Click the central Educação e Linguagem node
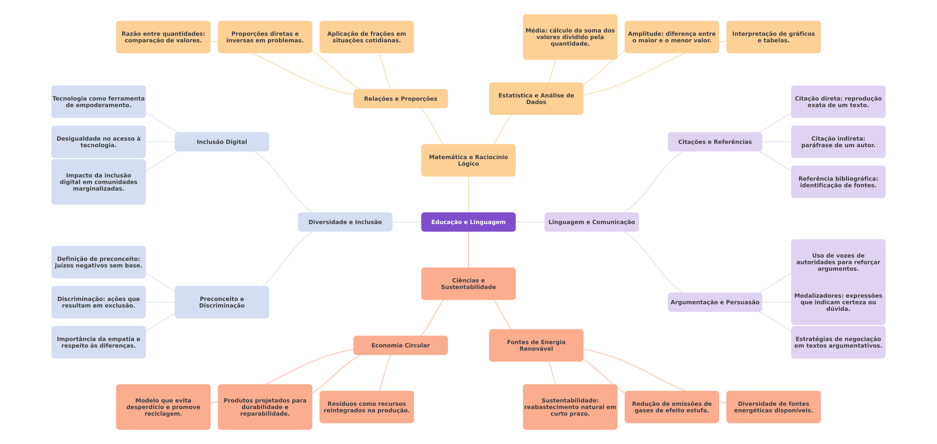click(x=468, y=222)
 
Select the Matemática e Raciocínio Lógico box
click(x=468, y=160)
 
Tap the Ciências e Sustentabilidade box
click(x=468, y=284)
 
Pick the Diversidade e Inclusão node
click(x=345, y=222)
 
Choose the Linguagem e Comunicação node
click(x=591, y=222)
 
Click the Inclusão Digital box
click(x=222, y=142)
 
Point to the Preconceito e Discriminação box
click(x=222, y=302)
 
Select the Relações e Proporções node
click(x=400, y=99)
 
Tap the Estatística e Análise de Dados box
click(x=536, y=99)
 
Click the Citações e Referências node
click(x=715, y=142)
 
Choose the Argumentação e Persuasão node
click(x=715, y=302)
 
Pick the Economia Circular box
click(x=400, y=345)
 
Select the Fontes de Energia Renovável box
click(x=536, y=345)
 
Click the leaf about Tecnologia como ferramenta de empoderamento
click(x=98, y=102)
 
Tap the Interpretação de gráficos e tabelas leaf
click(x=773, y=37)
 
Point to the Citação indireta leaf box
click(x=838, y=142)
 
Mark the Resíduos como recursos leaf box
click(x=366, y=407)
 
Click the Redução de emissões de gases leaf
click(x=672, y=407)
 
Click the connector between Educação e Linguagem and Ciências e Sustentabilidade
click(x=468, y=250)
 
